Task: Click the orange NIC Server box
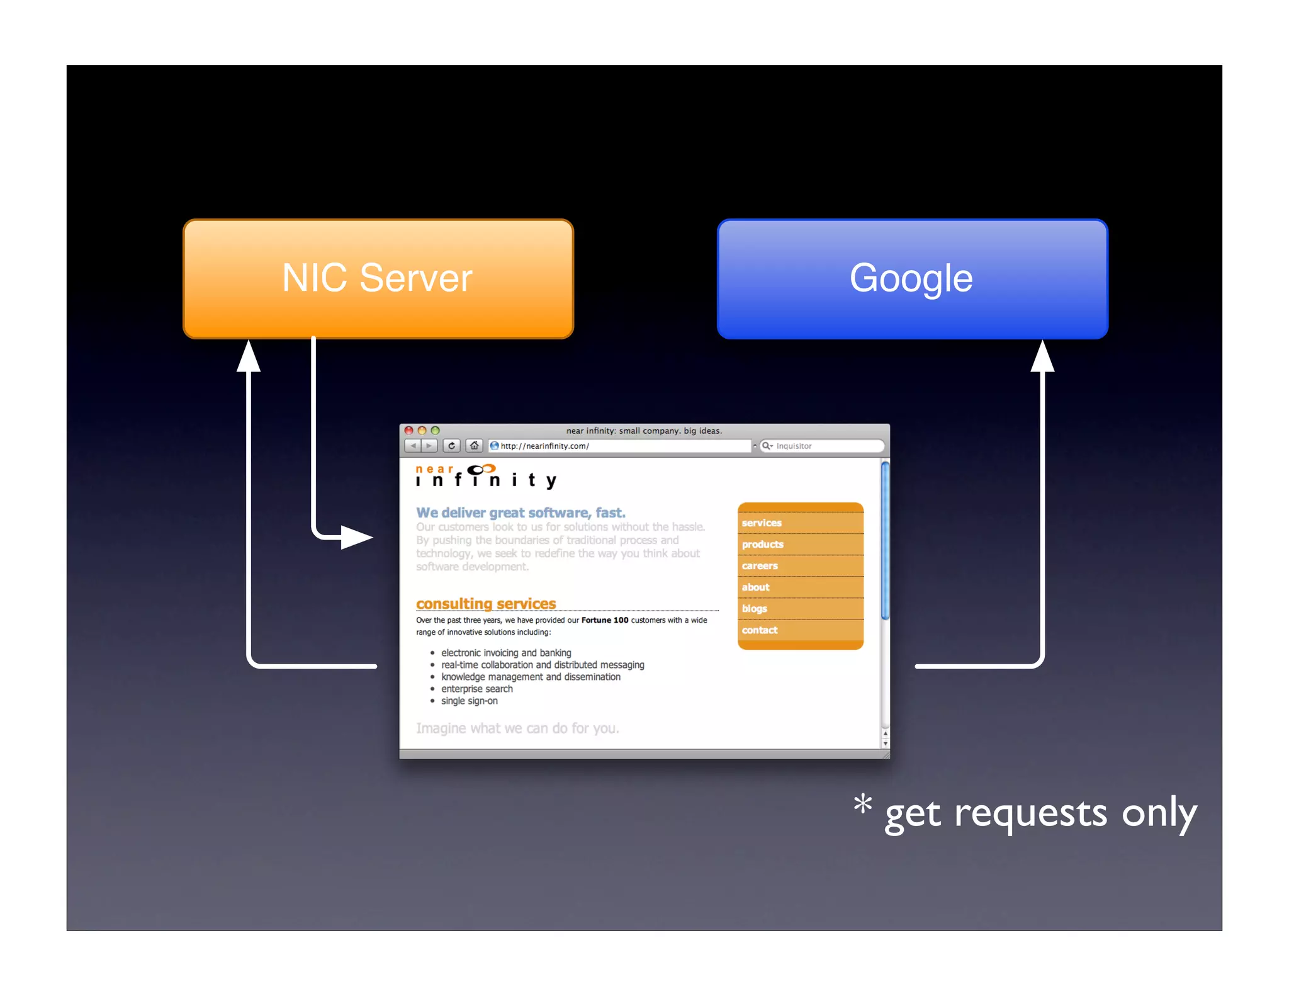pos(378,278)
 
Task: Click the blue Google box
pos(912,278)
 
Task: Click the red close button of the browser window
pos(408,431)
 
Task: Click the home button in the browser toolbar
pos(475,446)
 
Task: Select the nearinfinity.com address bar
pos(620,446)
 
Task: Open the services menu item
pos(762,523)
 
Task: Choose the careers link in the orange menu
pos(760,566)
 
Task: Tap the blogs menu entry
pos(754,609)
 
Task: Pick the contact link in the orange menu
pos(760,630)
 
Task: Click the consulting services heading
pos(486,604)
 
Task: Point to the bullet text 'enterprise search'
pos(477,689)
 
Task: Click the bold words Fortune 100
pos(604,620)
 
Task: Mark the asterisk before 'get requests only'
pos(862,804)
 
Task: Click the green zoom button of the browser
pos(435,431)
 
